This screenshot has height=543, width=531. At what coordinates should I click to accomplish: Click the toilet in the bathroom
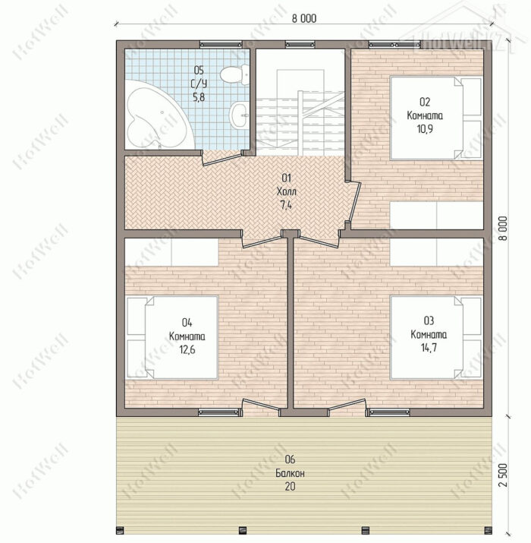(x=234, y=74)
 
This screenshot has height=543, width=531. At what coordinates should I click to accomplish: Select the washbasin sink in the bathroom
(x=239, y=115)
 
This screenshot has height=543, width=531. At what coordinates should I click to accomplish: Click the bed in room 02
(x=436, y=118)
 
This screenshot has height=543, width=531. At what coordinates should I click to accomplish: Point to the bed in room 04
(x=172, y=337)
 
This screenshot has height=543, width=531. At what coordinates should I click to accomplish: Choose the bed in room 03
(x=436, y=337)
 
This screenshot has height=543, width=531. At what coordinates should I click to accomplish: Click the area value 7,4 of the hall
(x=286, y=205)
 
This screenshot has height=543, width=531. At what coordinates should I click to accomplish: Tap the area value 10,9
(x=425, y=129)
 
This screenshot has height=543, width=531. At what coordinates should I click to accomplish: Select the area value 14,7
(x=429, y=348)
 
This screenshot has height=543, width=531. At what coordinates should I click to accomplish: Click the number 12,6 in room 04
(x=187, y=350)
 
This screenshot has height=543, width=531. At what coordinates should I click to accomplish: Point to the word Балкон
(x=290, y=473)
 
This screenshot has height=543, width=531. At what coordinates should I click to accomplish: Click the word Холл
(x=287, y=191)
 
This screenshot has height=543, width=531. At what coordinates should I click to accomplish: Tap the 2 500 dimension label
(x=504, y=475)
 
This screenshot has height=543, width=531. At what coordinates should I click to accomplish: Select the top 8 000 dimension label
(x=304, y=19)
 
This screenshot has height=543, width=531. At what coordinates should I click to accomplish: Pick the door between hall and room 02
(x=355, y=200)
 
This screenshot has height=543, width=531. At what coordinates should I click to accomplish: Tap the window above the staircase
(x=300, y=44)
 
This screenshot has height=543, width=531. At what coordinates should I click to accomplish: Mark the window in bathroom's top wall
(x=221, y=44)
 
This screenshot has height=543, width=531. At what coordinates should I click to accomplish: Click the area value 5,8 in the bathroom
(x=199, y=98)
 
